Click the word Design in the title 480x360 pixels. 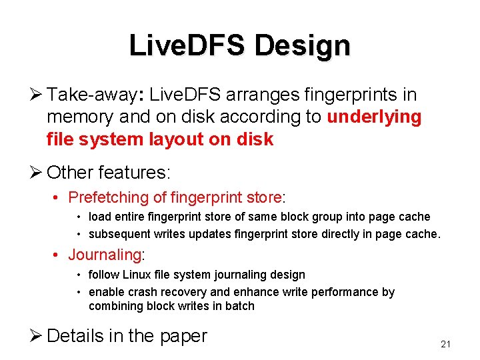click(302, 46)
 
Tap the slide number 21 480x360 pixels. click(446, 344)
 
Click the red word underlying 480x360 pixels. click(374, 117)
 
